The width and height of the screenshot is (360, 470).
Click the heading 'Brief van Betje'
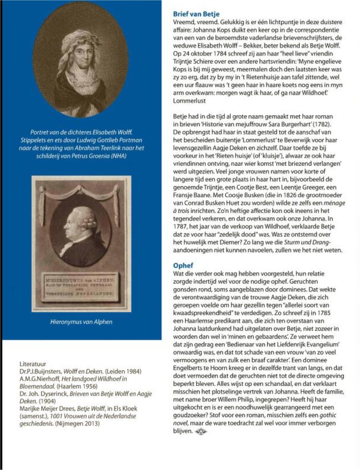pyautogui.click(x=196, y=14)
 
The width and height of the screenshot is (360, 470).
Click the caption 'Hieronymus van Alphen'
pyautogui.click(x=81, y=321)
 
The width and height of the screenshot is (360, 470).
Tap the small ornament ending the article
pyautogui.click(x=200, y=432)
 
